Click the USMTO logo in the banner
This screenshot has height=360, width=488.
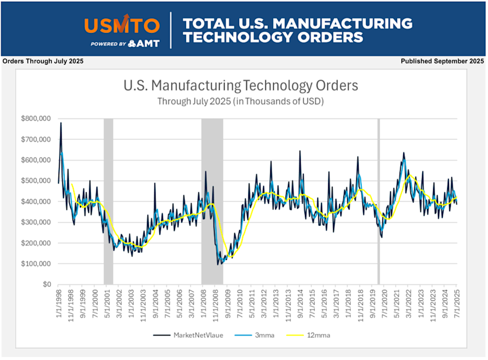pos(122,25)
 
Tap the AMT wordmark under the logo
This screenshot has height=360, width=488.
pos(144,43)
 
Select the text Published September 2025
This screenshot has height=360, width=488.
pos(442,61)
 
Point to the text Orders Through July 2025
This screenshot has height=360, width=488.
pos(43,61)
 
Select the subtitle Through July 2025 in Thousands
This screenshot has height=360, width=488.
pos(240,101)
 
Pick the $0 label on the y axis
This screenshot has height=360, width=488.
pos(46,284)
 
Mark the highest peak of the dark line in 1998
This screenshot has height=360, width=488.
pos(61,123)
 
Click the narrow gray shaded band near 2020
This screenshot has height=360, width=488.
pos(379,201)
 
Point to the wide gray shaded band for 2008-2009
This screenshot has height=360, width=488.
pos(212,201)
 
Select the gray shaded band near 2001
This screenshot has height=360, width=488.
pos(108,201)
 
